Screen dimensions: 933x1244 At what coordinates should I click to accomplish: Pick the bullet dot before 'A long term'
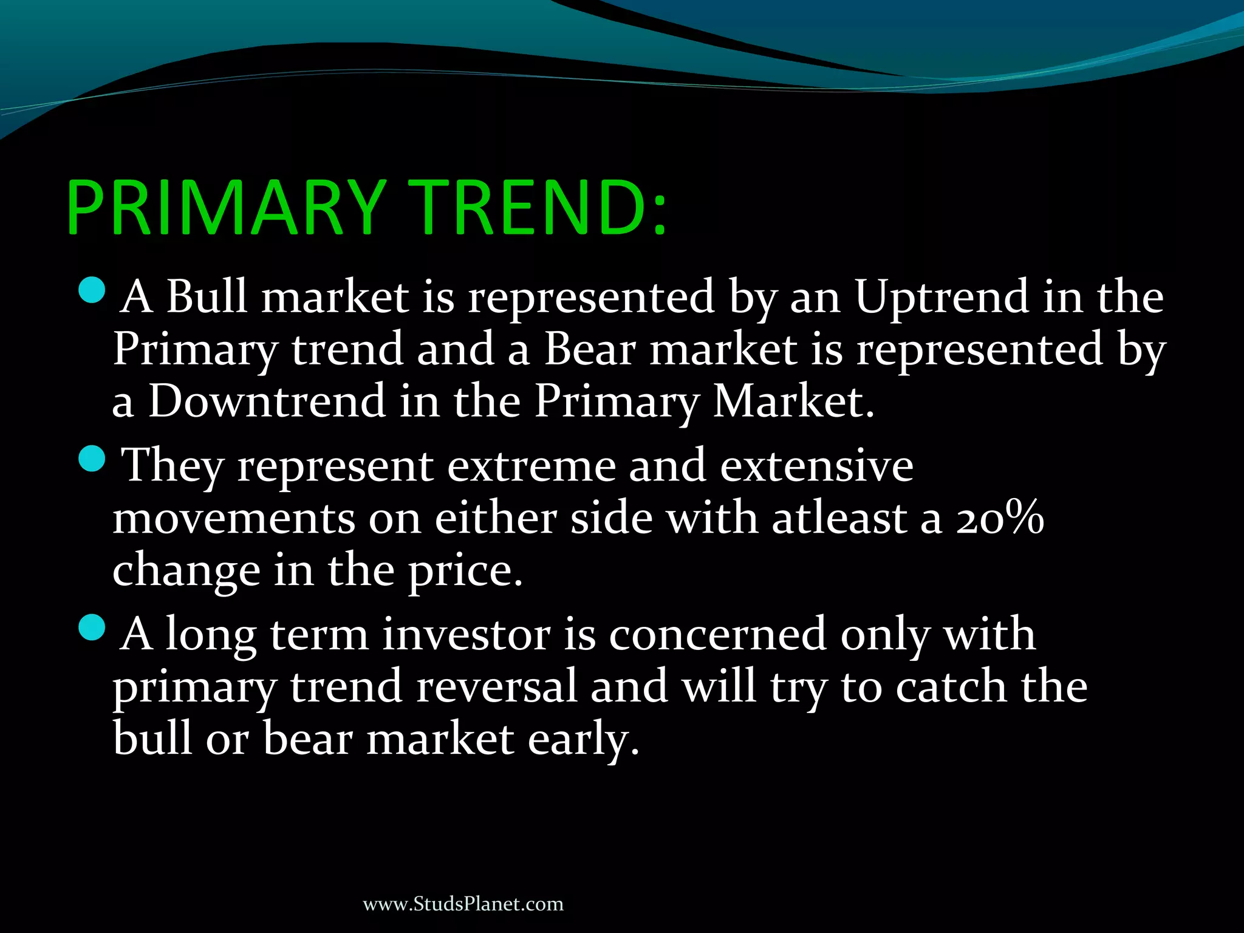click(x=92, y=627)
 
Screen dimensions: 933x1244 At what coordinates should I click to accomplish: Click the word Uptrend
click(x=940, y=298)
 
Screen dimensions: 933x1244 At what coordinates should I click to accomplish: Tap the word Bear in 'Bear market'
click(x=589, y=350)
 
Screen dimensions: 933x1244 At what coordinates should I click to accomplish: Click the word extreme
click(x=530, y=466)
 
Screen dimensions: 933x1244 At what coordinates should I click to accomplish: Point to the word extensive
click(x=816, y=466)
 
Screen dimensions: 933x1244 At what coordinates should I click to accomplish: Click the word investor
click(x=466, y=635)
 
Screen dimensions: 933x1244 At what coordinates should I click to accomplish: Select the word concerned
click(x=717, y=635)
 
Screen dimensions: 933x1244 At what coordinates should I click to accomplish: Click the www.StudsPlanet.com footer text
click(x=463, y=904)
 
